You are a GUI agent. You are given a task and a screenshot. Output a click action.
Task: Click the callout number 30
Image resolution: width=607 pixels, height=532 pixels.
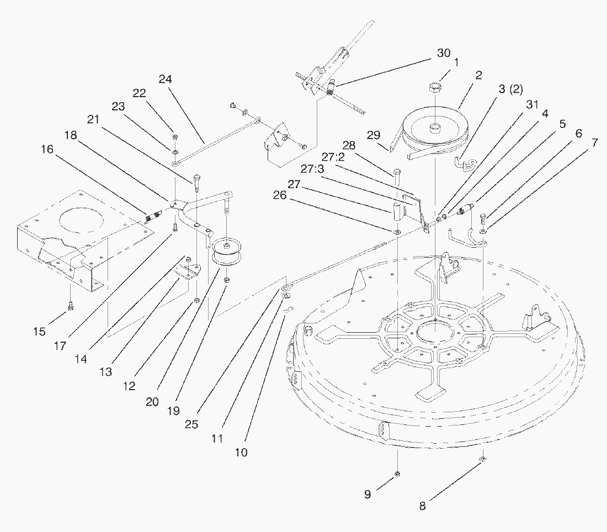pyautogui.click(x=444, y=53)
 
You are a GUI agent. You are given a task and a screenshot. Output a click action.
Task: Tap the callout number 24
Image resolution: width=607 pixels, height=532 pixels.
pyautogui.click(x=166, y=79)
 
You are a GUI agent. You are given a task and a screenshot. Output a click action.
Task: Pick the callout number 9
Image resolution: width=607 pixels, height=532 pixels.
pyautogui.click(x=368, y=494)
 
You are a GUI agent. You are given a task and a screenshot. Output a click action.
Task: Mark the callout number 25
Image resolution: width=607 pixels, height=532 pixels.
pyautogui.click(x=193, y=424)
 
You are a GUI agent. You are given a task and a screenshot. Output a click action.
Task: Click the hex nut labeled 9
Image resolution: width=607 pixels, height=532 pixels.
pyautogui.click(x=397, y=475)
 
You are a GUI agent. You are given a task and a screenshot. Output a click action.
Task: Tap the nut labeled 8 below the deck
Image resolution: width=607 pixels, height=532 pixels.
pyautogui.click(x=482, y=459)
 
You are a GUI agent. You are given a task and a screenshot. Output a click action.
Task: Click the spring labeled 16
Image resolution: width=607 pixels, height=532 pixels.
pyautogui.click(x=152, y=217)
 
